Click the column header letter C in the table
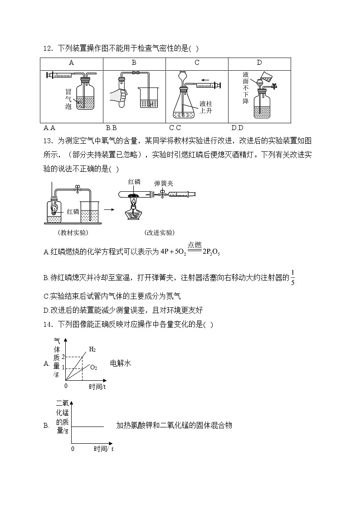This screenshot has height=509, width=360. [197, 63]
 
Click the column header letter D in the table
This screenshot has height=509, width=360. [259, 63]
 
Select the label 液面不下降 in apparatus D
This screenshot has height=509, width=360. [245, 87]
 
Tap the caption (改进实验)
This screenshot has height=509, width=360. [159, 233]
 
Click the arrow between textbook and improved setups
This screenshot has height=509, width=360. [109, 209]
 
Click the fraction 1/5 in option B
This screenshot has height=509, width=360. [292, 277]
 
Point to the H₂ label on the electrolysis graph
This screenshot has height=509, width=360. [92, 349]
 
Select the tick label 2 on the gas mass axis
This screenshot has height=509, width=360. [63, 357]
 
